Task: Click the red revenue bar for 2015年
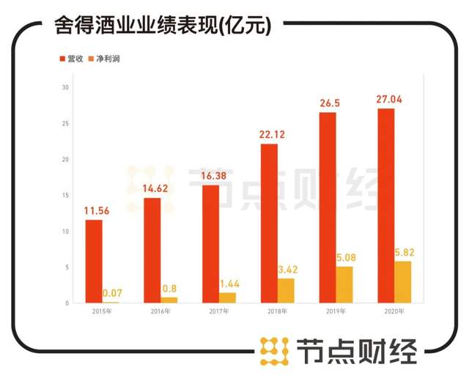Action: point(94,262)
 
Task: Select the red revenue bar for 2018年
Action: point(269,223)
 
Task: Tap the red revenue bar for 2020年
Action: point(385,206)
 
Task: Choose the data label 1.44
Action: point(228,284)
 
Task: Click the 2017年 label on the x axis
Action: point(219,311)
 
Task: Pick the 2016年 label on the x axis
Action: point(160,311)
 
